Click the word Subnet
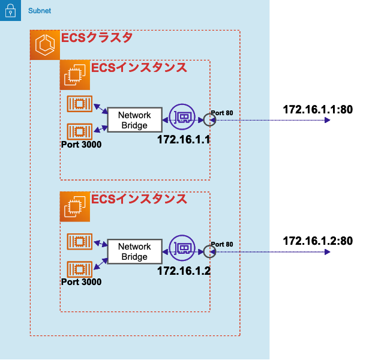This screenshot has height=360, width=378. click(40, 11)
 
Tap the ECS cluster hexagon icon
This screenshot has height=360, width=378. click(45, 46)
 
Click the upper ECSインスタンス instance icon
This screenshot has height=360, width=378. click(75, 75)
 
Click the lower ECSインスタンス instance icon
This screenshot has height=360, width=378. click(75, 207)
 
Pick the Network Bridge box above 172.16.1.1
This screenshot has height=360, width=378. click(134, 120)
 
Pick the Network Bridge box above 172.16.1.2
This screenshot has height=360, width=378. click(134, 252)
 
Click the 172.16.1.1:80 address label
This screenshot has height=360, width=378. click(317, 110)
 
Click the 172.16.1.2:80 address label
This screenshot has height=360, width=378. click(317, 241)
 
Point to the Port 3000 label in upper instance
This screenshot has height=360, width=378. click(81, 144)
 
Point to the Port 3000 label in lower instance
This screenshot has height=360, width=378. click(81, 281)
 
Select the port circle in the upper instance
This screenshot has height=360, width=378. click(209, 119)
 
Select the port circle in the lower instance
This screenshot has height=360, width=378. click(209, 251)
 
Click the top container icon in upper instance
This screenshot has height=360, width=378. click(79, 104)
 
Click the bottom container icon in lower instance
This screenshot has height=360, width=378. click(79, 268)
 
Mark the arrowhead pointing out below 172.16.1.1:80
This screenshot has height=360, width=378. click(327, 120)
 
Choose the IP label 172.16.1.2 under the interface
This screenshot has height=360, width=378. click(184, 271)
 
